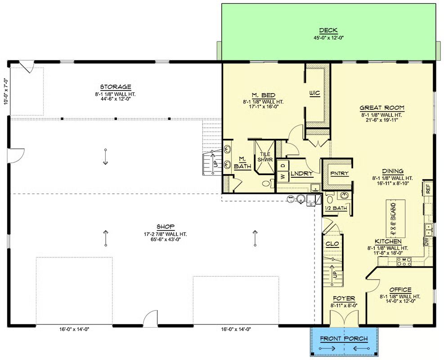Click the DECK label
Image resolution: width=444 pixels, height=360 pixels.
click(328, 30)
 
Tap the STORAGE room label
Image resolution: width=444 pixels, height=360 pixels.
click(116, 87)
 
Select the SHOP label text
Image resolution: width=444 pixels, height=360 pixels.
click(166, 227)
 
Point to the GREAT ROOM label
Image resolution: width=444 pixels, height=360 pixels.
click(382, 108)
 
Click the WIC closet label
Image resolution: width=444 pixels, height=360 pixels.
click(314, 93)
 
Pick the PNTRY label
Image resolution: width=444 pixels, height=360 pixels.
click(340, 173)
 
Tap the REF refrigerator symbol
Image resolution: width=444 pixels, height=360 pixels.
click(427, 188)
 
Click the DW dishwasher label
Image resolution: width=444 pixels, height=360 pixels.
click(426, 242)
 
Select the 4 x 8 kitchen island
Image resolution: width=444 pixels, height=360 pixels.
click(395, 219)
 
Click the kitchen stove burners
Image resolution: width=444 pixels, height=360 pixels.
click(404, 261)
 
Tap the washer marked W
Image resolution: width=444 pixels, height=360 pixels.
click(283, 176)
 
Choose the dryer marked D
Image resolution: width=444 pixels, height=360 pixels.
click(283, 165)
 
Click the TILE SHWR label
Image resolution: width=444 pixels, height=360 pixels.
click(265, 157)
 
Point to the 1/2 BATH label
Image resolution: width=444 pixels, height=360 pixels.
click(336, 208)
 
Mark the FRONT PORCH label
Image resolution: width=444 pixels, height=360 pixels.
click(344, 338)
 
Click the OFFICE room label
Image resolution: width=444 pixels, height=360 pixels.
click(400, 290)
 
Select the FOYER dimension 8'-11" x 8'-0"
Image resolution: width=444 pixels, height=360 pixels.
click(344, 306)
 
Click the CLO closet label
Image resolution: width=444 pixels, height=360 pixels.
click(332, 244)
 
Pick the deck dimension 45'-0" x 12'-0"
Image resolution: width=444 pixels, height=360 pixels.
click(328, 38)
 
